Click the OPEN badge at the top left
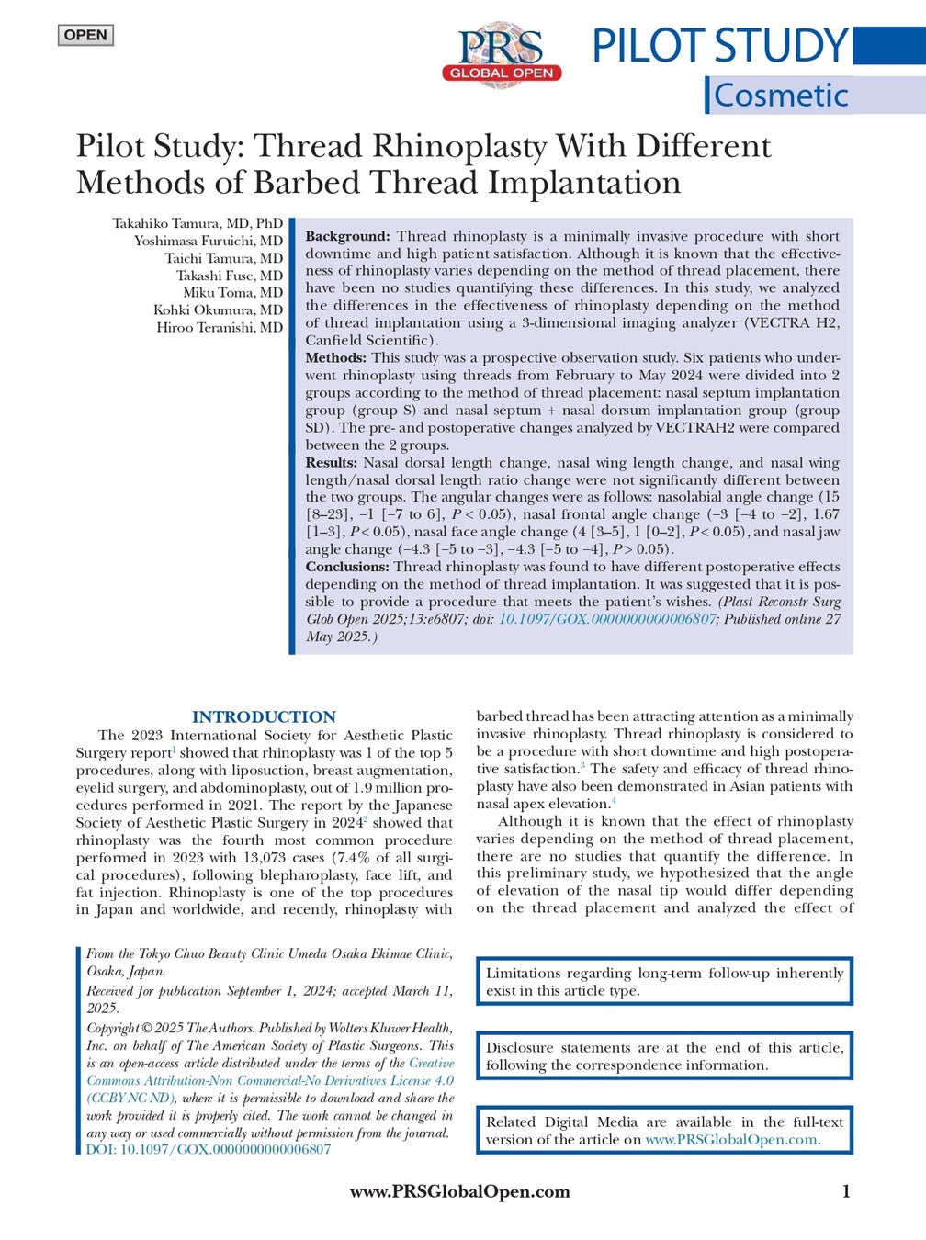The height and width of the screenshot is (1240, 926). click(x=85, y=36)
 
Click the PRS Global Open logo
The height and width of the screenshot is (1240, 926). click(x=502, y=54)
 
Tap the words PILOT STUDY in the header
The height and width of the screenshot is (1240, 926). click(x=718, y=46)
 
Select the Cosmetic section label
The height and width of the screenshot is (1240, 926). click(x=781, y=95)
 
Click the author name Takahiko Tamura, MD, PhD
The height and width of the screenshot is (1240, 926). click(x=198, y=223)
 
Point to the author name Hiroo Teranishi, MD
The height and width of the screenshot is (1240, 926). click(x=220, y=327)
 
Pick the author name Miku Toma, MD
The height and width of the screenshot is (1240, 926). click(x=232, y=292)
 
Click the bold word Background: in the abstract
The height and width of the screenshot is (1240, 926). click(x=347, y=236)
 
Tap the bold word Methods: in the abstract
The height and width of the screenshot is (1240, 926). click(x=335, y=357)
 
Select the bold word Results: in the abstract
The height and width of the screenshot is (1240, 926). click(x=332, y=462)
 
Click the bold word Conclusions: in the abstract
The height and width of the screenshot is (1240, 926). click(x=347, y=567)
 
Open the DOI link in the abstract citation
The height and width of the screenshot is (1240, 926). click(x=606, y=619)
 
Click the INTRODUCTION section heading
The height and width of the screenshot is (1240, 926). click(x=264, y=716)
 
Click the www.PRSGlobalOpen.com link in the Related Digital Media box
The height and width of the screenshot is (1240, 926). click(x=730, y=1139)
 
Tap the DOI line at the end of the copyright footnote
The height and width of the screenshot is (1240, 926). click(x=209, y=1149)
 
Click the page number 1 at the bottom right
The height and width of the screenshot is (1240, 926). click(x=846, y=1191)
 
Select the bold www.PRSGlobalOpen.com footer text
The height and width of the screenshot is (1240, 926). click(x=459, y=1191)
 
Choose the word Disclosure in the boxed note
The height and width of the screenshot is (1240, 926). click(x=520, y=1047)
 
